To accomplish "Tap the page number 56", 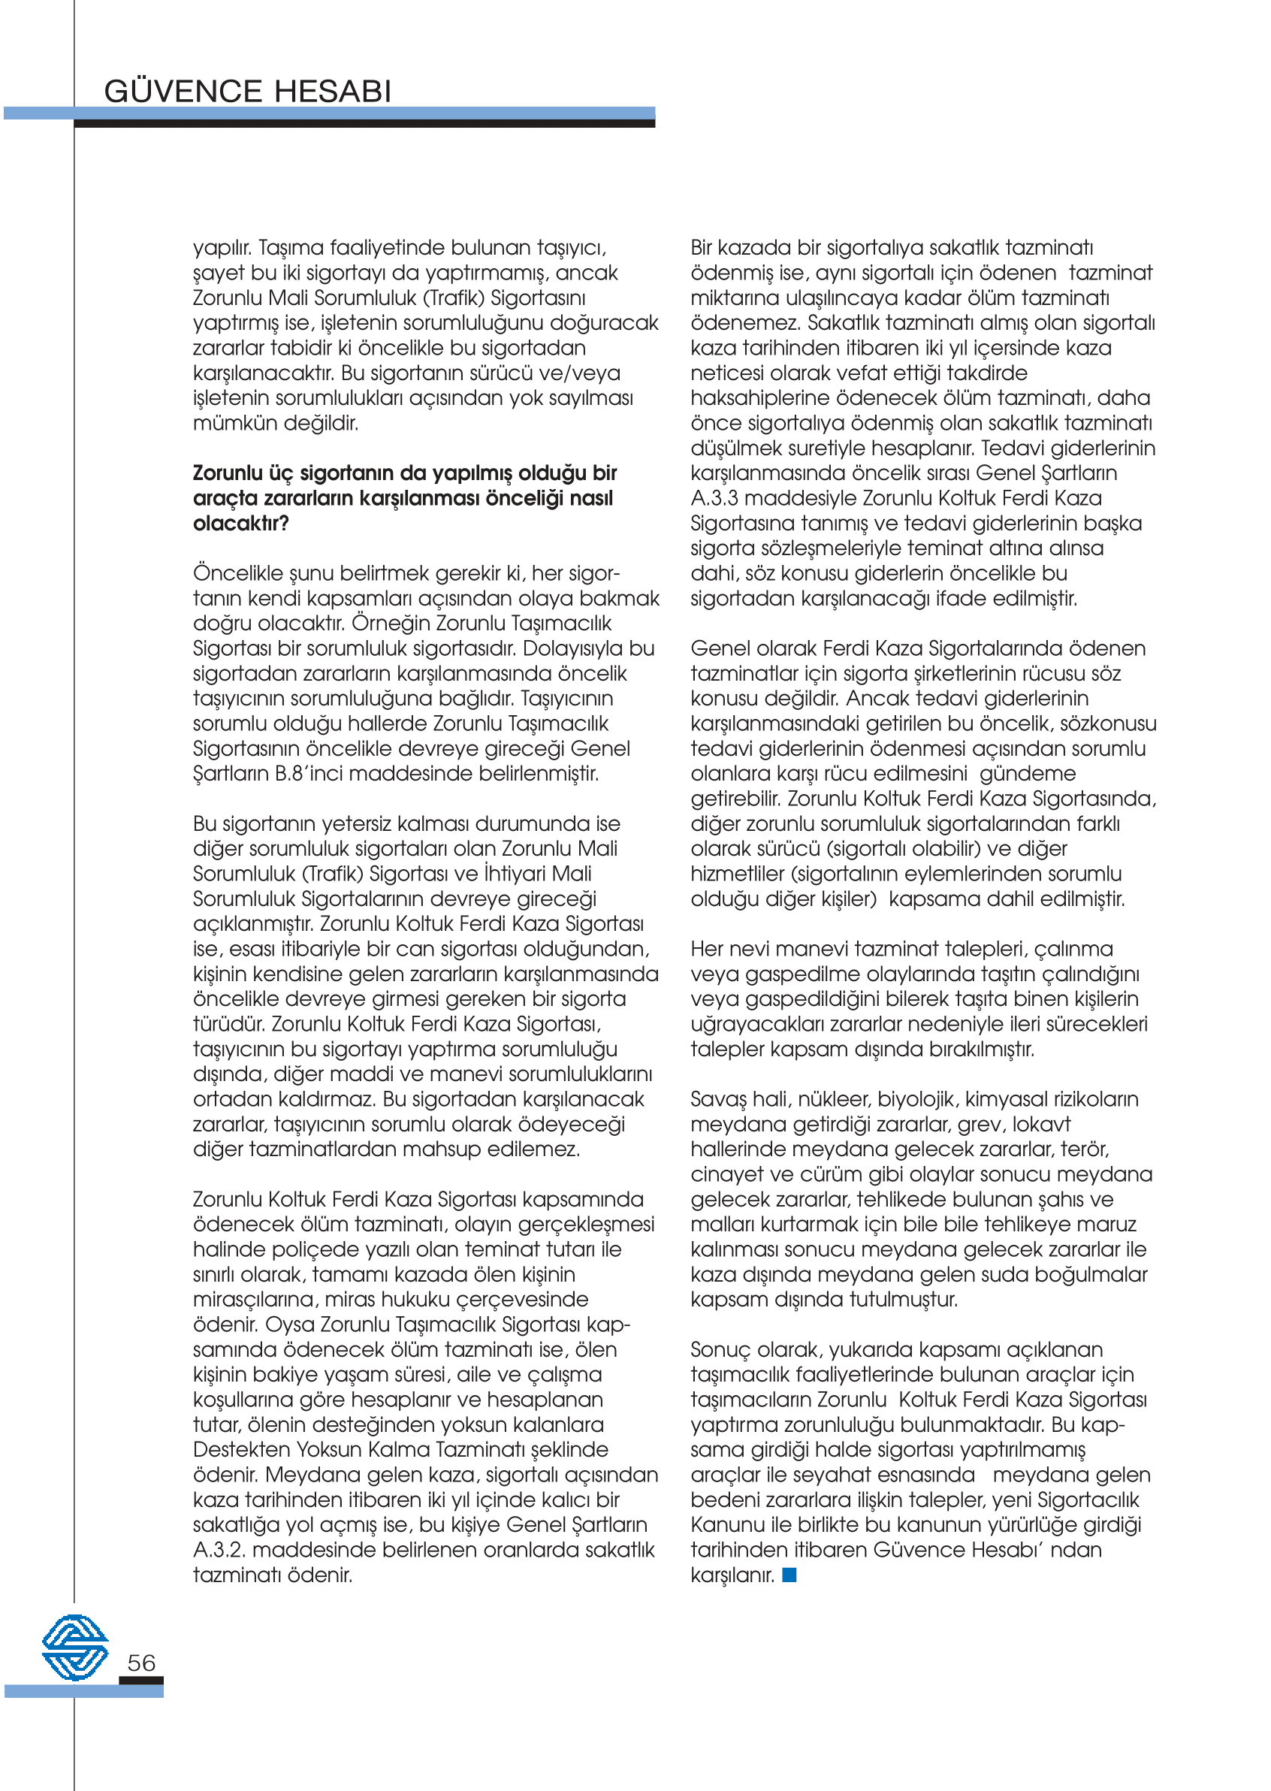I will [142, 1663].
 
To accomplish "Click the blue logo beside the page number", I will [75, 1648].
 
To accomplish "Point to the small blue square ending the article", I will [789, 1575].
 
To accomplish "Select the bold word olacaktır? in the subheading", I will [241, 524].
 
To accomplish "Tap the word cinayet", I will [728, 1175].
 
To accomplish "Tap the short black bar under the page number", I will [142, 1680].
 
